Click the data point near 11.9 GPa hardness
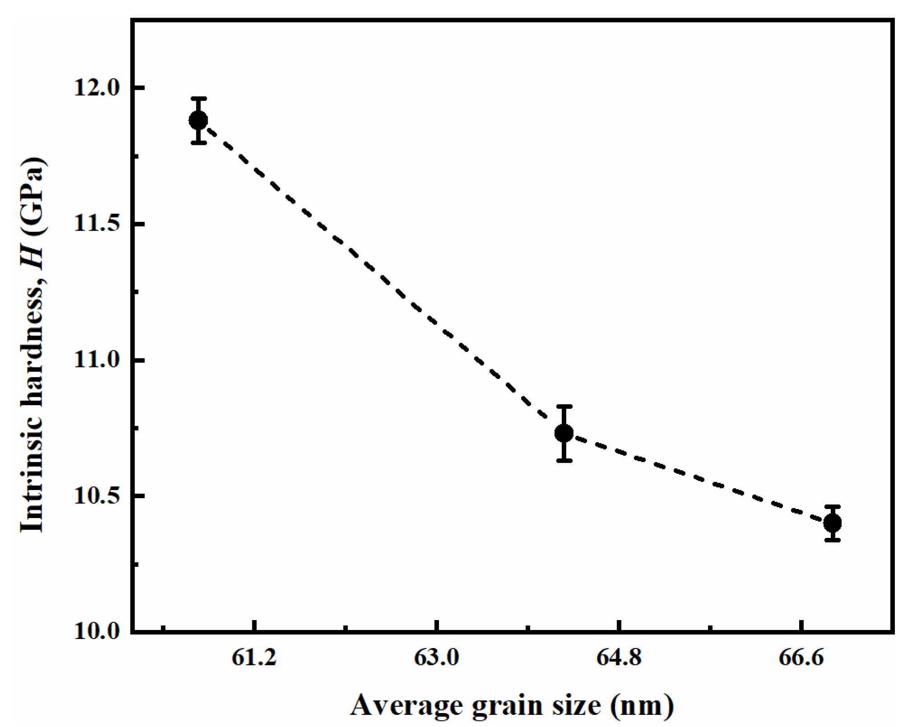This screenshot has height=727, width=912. click(198, 120)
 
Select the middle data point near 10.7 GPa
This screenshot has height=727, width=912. click(564, 433)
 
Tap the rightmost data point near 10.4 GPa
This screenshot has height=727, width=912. click(833, 523)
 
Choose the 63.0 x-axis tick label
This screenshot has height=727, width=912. click(436, 658)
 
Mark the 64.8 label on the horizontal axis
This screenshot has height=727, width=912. click(619, 658)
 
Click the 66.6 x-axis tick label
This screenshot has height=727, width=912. click(801, 658)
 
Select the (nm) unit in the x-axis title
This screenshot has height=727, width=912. click(643, 705)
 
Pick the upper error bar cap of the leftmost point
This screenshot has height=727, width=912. click(198, 98)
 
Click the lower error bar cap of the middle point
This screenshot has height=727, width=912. click(564, 461)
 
